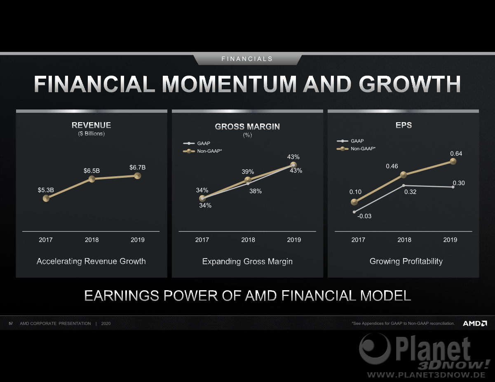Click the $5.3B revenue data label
pos(46,190)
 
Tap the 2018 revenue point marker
pos(92,179)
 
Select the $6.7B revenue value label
pos(137,168)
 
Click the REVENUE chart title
pos(91,125)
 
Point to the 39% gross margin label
pos(248,172)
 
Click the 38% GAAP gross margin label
pos(256,191)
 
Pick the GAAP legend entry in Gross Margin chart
pos(197,143)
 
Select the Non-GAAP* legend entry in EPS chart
pos(356,149)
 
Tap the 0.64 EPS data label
pos(456,154)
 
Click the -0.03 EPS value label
pos(364,216)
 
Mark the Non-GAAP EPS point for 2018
pos(404,175)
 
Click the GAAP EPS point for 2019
pos(453,187)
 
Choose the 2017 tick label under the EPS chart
pos(358,240)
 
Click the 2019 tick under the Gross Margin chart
pos(294,240)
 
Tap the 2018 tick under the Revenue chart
pos(92,240)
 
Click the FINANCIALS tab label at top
pos(247,59)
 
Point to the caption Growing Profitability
pos(406,261)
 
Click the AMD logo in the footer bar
pos(475,323)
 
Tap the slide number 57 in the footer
pos(11,324)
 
